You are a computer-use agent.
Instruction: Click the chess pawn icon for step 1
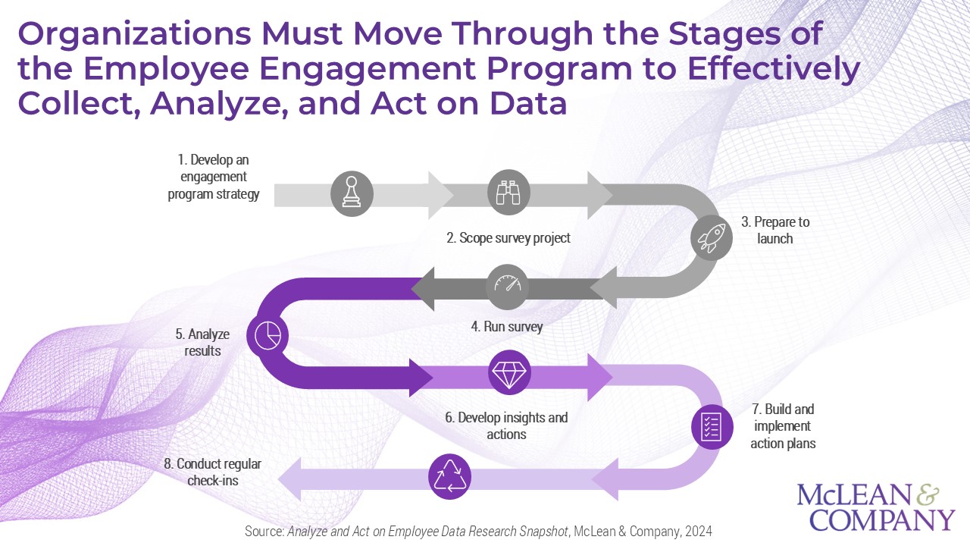tap(352, 193)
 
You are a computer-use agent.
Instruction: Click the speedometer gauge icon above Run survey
tap(508, 286)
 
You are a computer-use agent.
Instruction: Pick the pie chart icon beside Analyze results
tap(268, 335)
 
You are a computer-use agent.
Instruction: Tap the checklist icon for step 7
tap(712, 427)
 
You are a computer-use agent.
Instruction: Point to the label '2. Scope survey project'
tap(508, 237)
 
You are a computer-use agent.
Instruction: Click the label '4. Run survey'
tap(507, 328)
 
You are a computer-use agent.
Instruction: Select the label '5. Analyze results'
tap(202, 342)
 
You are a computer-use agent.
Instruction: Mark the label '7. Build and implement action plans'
tap(783, 426)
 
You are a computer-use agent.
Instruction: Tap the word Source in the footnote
tap(264, 531)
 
